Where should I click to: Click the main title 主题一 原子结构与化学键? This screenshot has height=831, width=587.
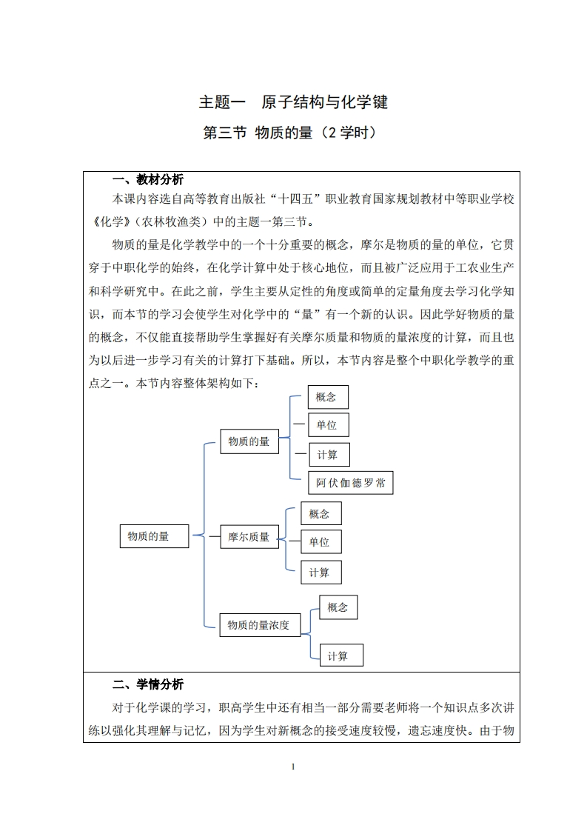click(x=293, y=102)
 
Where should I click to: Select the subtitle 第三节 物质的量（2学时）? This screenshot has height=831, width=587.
click(x=293, y=134)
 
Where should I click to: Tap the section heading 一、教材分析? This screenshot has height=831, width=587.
click(x=147, y=180)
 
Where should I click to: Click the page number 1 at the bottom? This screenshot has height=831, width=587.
click(x=293, y=766)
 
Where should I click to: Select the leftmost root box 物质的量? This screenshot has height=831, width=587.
click(x=154, y=535)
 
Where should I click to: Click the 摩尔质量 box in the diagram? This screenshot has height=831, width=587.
click(x=249, y=537)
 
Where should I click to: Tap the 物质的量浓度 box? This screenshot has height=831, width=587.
click(x=258, y=625)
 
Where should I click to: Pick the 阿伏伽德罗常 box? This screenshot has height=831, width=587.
click(x=350, y=483)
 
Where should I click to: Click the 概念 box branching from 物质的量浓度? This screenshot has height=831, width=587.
click(x=338, y=607)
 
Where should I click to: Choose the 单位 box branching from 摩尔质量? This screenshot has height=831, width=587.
click(x=320, y=542)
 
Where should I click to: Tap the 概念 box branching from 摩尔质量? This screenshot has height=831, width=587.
click(x=320, y=513)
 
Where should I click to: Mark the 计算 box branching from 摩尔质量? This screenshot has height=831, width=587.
click(x=320, y=572)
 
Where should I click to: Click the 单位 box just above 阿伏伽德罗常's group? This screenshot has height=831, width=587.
click(x=326, y=425)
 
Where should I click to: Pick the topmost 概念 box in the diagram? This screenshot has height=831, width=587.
click(x=326, y=396)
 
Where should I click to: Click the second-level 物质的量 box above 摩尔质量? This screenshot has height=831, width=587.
click(x=249, y=441)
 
